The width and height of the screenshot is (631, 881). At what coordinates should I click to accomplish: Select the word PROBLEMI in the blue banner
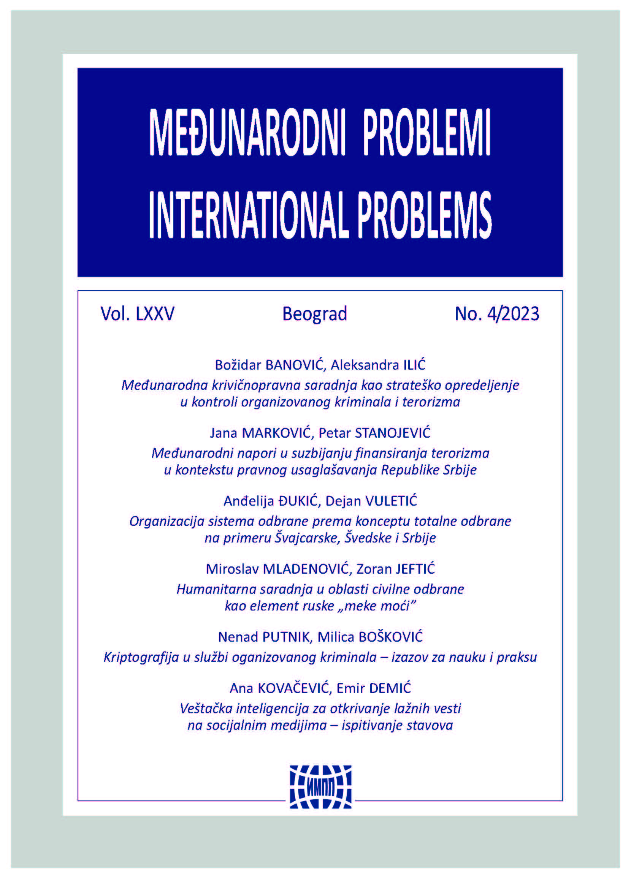[426, 133]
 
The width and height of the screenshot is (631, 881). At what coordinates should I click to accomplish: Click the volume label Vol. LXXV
[138, 314]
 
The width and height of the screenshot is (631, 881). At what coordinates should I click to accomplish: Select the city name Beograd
[315, 314]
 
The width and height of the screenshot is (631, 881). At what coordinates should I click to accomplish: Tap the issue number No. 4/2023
[497, 314]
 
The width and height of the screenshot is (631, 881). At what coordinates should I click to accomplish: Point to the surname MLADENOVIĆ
[305, 569]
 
